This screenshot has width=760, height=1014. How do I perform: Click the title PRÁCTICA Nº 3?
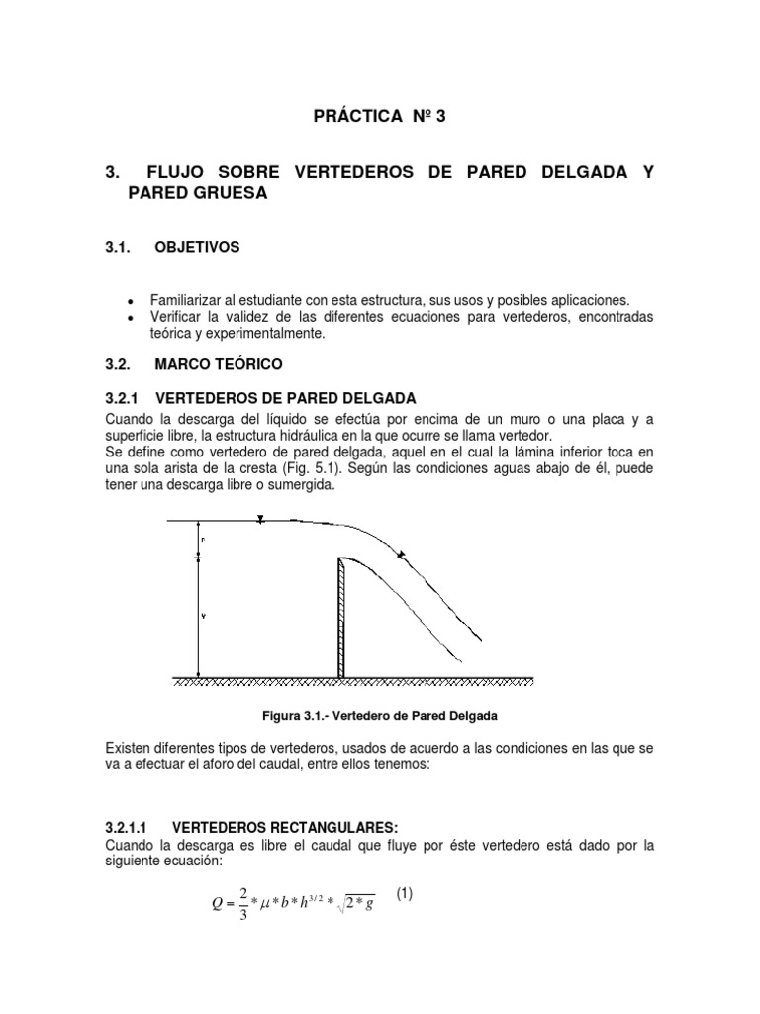pyautogui.click(x=380, y=117)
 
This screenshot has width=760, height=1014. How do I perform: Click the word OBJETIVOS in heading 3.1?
pyautogui.click(x=197, y=247)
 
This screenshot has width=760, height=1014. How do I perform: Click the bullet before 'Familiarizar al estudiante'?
pyautogui.click(x=131, y=300)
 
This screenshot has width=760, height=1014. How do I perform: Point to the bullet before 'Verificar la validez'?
pyautogui.click(x=131, y=317)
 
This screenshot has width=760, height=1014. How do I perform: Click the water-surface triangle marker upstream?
pyautogui.click(x=259, y=518)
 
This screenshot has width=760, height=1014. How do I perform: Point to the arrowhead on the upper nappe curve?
pyautogui.click(x=400, y=556)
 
